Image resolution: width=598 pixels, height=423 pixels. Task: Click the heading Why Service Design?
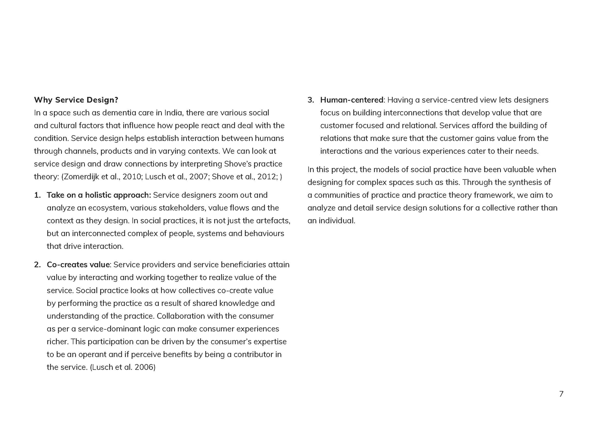pos(76,100)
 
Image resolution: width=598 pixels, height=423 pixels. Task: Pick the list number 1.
pos(37,195)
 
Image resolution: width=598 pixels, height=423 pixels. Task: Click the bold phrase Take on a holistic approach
pos(98,195)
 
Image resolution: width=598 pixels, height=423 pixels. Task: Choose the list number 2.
pos(37,265)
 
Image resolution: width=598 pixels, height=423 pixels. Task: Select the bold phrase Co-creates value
pos(78,265)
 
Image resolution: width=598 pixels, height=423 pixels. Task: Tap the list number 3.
pos(311,100)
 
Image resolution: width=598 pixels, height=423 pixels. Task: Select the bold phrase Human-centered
pos(351,100)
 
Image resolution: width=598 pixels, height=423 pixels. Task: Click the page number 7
pos(561,394)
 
